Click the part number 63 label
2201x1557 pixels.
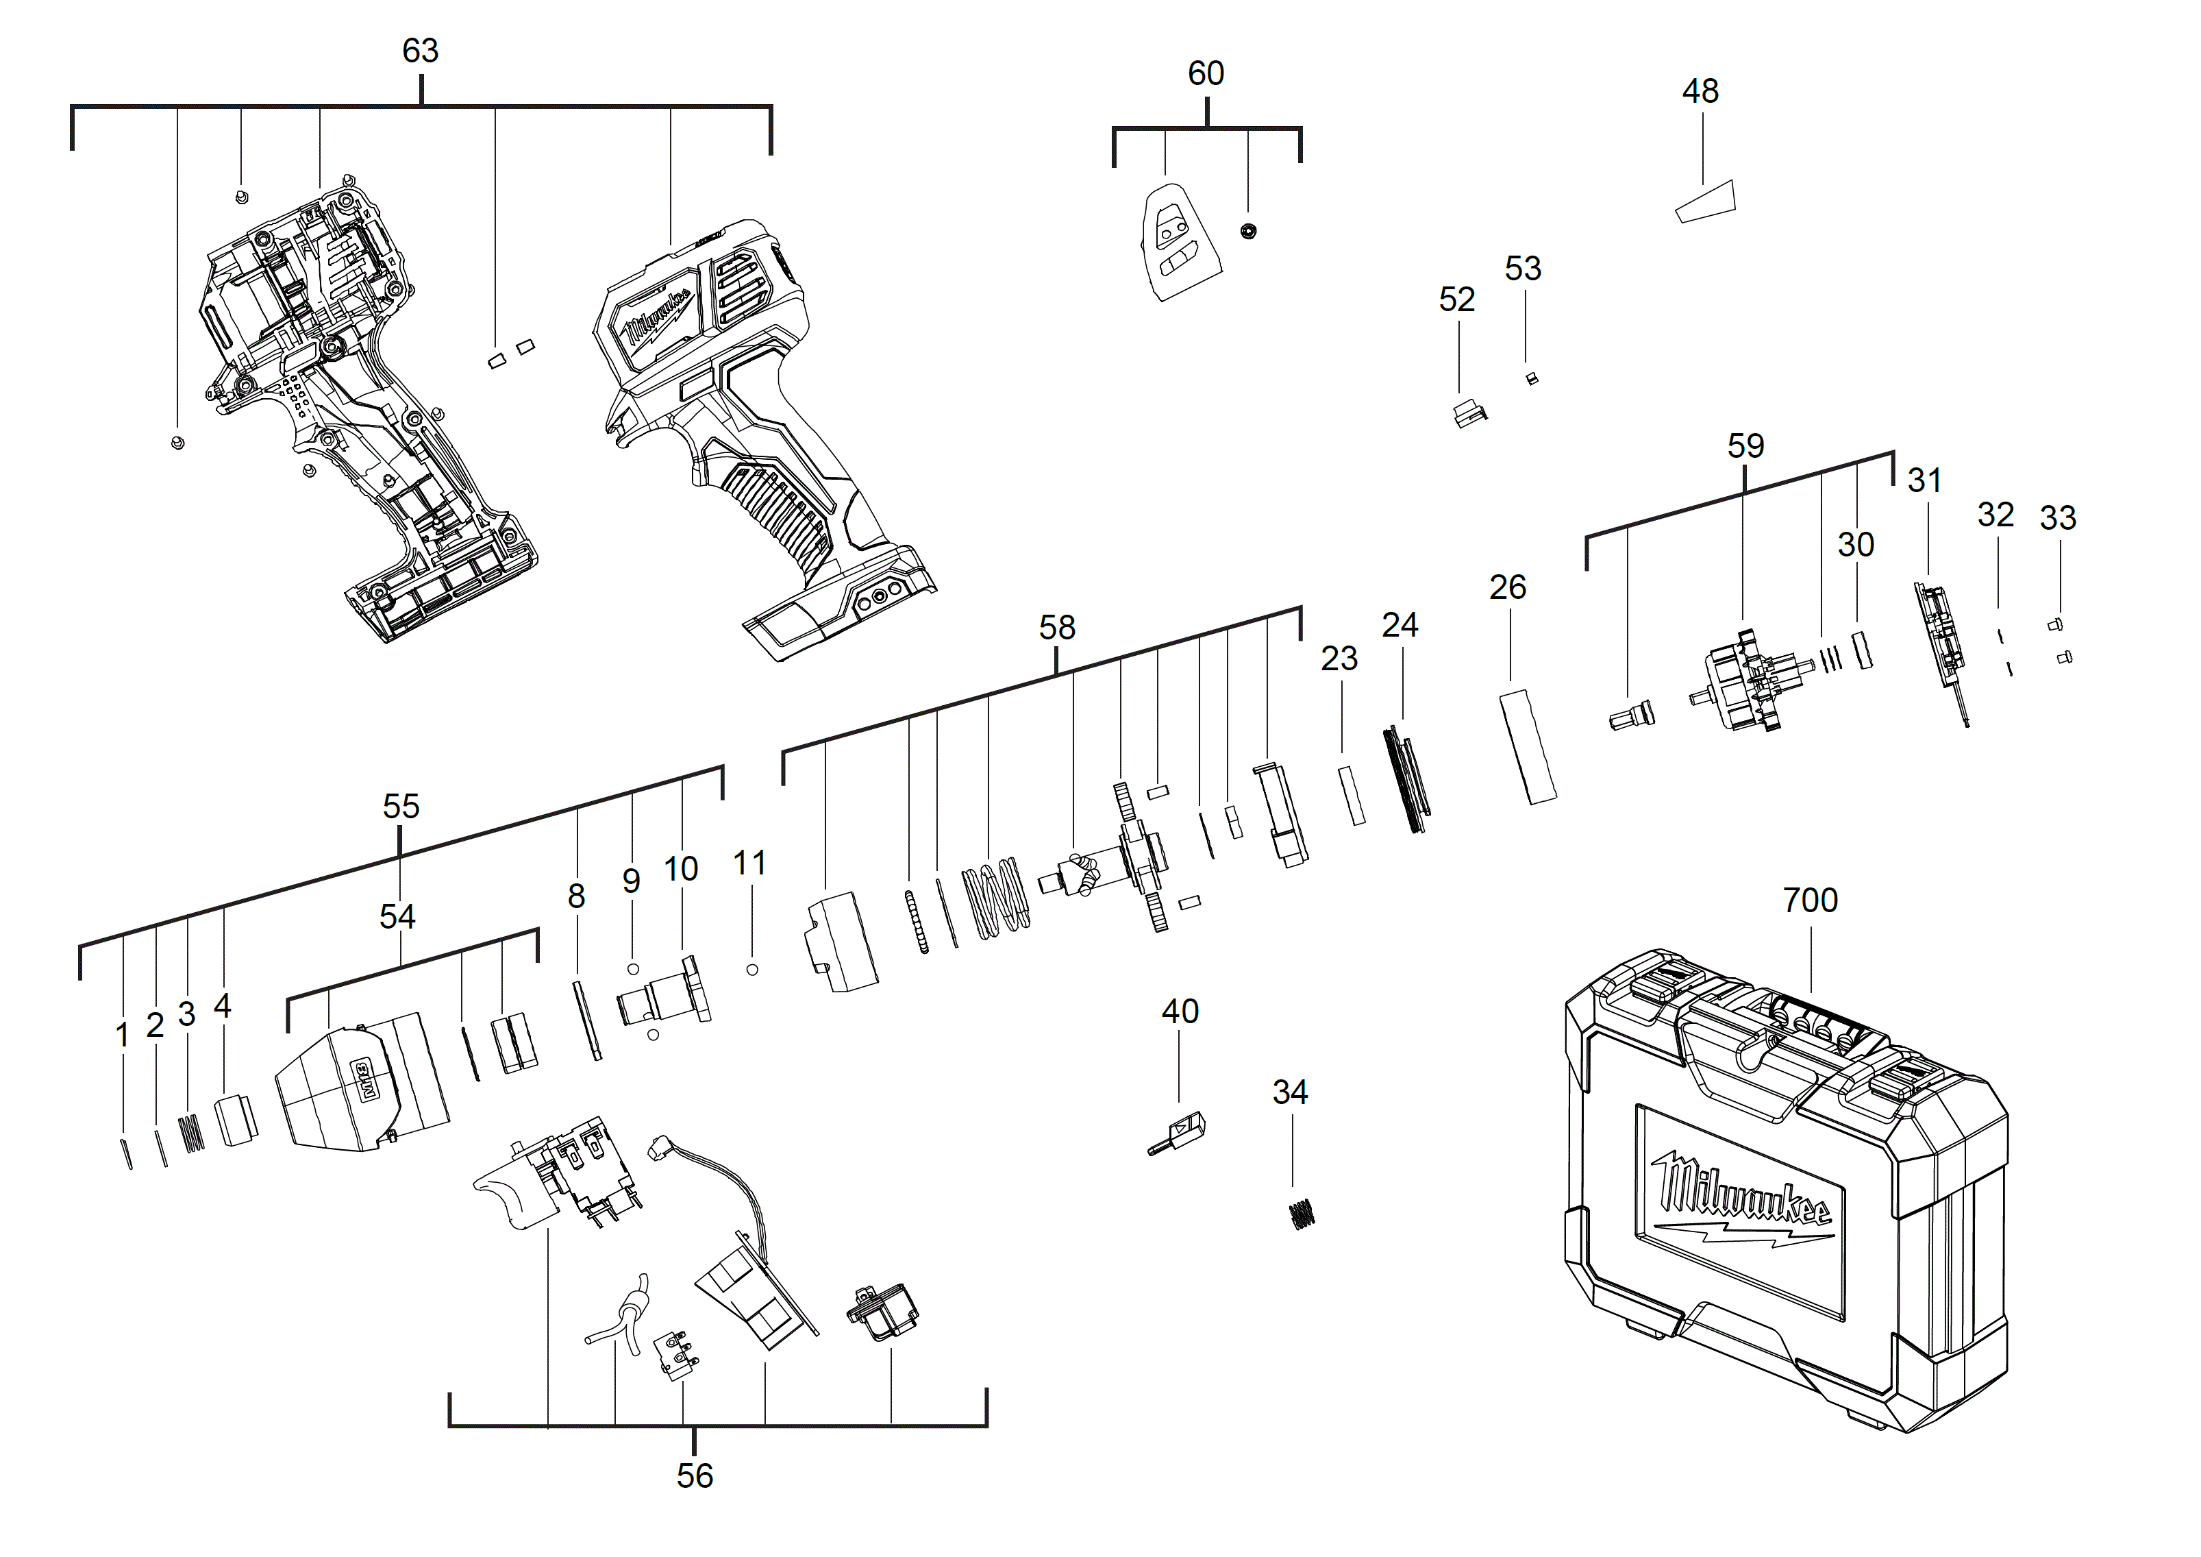click(x=420, y=50)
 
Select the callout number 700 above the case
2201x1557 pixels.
click(x=1810, y=900)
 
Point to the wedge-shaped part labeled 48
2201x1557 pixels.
click(x=1706, y=201)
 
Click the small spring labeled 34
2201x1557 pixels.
click(x=1301, y=1215)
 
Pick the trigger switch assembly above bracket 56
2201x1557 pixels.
click(x=561, y=1175)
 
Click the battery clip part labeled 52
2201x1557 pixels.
click(x=1469, y=414)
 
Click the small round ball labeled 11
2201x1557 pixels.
click(x=753, y=969)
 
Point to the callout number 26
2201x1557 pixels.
click(x=1507, y=587)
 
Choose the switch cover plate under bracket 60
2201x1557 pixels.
click(x=1178, y=242)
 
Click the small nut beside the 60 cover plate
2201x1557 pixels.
click(x=1248, y=230)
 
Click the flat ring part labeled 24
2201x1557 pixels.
click(x=1406, y=779)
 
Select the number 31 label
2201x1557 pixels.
click(x=1924, y=480)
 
